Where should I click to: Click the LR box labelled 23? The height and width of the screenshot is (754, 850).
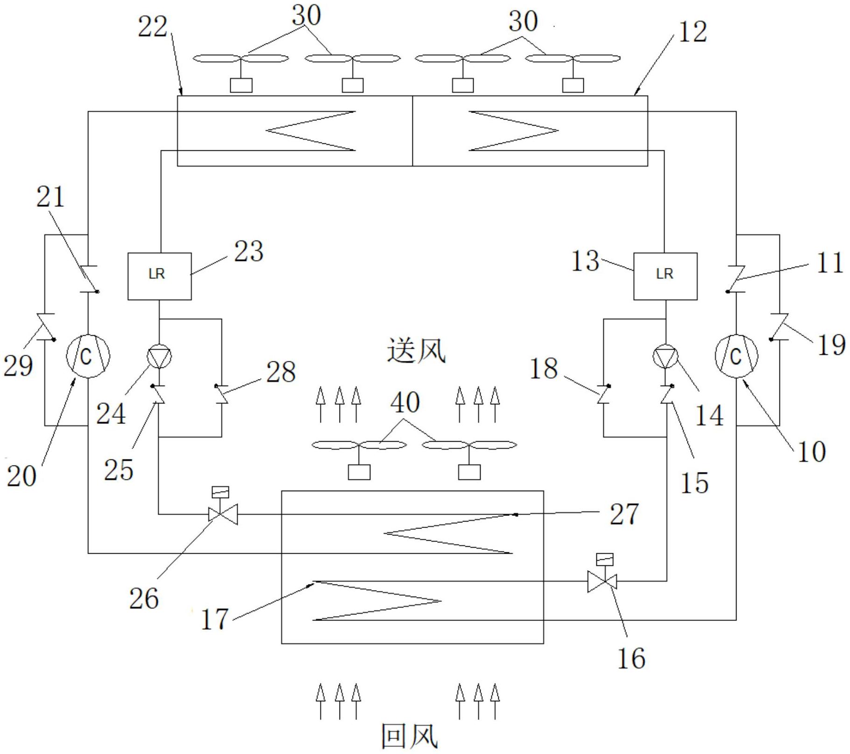coord(160,276)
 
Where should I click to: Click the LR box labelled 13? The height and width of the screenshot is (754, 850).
coord(666,276)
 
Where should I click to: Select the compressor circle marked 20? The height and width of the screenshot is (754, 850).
coord(88,356)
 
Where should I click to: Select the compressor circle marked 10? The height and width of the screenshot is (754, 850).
coord(737,356)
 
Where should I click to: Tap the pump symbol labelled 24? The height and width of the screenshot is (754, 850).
coord(159,357)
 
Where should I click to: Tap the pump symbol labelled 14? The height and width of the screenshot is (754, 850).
coord(665,357)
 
